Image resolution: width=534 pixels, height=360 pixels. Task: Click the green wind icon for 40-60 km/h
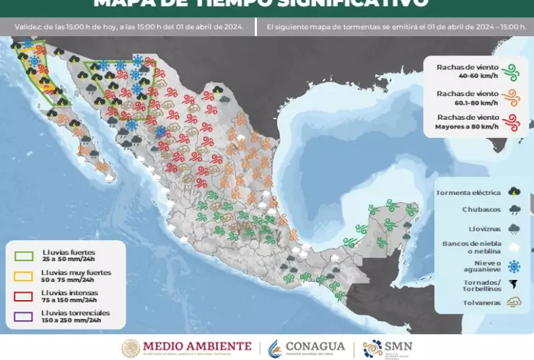512,71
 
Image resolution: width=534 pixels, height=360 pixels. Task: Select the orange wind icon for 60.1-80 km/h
512,97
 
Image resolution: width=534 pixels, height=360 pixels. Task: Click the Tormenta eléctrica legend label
468,193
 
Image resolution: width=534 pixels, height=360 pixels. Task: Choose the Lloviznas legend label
481,227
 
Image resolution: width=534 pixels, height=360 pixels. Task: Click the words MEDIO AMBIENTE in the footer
198,346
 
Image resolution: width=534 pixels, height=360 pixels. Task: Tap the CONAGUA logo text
316,346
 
